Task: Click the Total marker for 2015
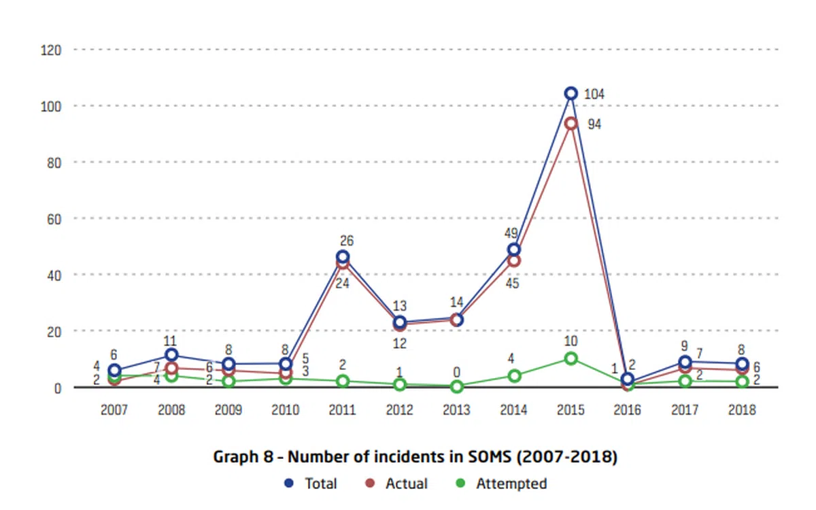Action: (x=571, y=93)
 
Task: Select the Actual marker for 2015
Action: (x=571, y=123)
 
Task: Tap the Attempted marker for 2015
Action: (x=571, y=358)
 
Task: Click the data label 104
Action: (x=594, y=94)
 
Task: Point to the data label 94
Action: (x=594, y=125)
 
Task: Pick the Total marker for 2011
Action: (x=343, y=257)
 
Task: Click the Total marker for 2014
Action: (x=514, y=250)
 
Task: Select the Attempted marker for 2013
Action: (x=457, y=386)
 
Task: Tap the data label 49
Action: (x=511, y=233)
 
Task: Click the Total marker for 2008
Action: (x=171, y=355)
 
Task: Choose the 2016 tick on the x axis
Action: (x=628, y=411)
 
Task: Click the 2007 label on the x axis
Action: (x=114, y=411)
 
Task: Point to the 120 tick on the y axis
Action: (x=52, y=50)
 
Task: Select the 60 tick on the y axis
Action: (x=55, y=218)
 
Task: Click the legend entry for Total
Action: (x=313, y=483)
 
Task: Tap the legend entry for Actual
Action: (x=398, y=483)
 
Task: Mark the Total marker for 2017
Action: (x=685, y=362)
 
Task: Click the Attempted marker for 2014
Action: (x=514, y=375)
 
